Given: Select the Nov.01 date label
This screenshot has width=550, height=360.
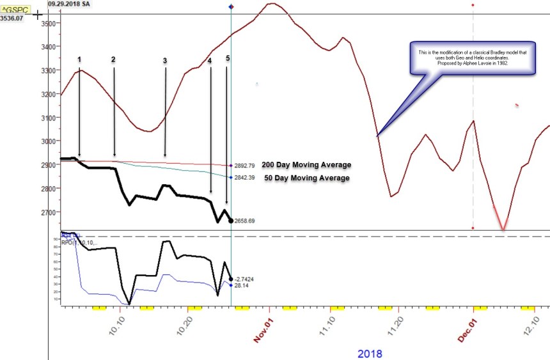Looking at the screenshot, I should coord(267,329).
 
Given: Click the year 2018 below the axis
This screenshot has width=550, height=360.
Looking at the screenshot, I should coord(369,353).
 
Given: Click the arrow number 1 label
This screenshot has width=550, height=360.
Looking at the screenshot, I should coord(79,59).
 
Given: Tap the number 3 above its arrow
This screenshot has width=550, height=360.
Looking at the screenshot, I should coord(164,61).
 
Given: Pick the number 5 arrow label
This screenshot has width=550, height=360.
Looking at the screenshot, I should coord(227,58).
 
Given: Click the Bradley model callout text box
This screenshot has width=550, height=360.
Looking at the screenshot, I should coord(472,58).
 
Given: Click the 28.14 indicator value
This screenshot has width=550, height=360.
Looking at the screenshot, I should coord(242,285).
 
